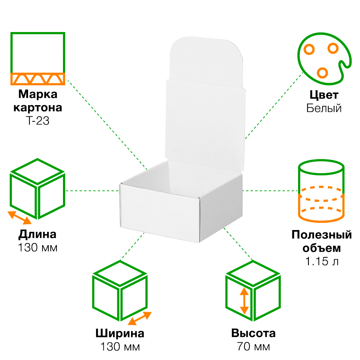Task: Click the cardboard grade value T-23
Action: point(37,121)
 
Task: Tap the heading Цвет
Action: point(324,95)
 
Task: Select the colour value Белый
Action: point(324,108)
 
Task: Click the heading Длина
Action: point(37,234)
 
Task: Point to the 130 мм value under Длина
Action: point(37,248)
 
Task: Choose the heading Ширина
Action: point(120,333)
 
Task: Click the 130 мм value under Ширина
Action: point(120,347)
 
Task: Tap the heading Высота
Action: point(253,333)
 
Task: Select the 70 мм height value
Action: point(253,347)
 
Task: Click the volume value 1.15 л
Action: point(321,262)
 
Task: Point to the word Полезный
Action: point(321,235)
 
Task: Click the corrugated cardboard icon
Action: point(37,58)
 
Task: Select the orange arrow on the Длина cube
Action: point(20,217)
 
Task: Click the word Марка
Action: point(37,95)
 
